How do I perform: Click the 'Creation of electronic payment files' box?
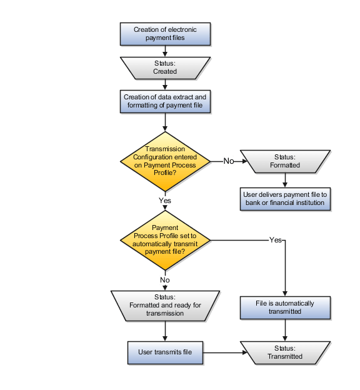click(165, 34)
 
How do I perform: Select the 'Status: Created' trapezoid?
click(165, 67)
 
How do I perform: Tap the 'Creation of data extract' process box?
click(165, 101)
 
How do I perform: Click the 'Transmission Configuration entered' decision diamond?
click(165, 161)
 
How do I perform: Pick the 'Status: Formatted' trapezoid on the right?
click(285, 161)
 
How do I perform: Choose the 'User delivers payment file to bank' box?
click(285, 199)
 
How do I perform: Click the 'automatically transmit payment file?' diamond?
click(165, 239)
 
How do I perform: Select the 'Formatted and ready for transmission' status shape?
click(165, 305)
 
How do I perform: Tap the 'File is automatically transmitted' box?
click(285, 307)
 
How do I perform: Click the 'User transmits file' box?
click(165, 352)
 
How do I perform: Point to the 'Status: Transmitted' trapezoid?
click(285, 352)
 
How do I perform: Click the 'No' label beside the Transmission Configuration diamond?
click(229, 161)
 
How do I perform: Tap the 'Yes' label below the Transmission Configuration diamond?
click(165, 201)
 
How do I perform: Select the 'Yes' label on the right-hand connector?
click(275, 240)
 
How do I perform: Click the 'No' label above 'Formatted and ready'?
click(165, 280)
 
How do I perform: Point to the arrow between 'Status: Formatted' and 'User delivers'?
click(285, 180)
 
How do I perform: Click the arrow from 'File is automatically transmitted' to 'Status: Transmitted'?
click(285, 329)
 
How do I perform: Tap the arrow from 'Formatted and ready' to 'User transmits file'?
click(165, 331)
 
